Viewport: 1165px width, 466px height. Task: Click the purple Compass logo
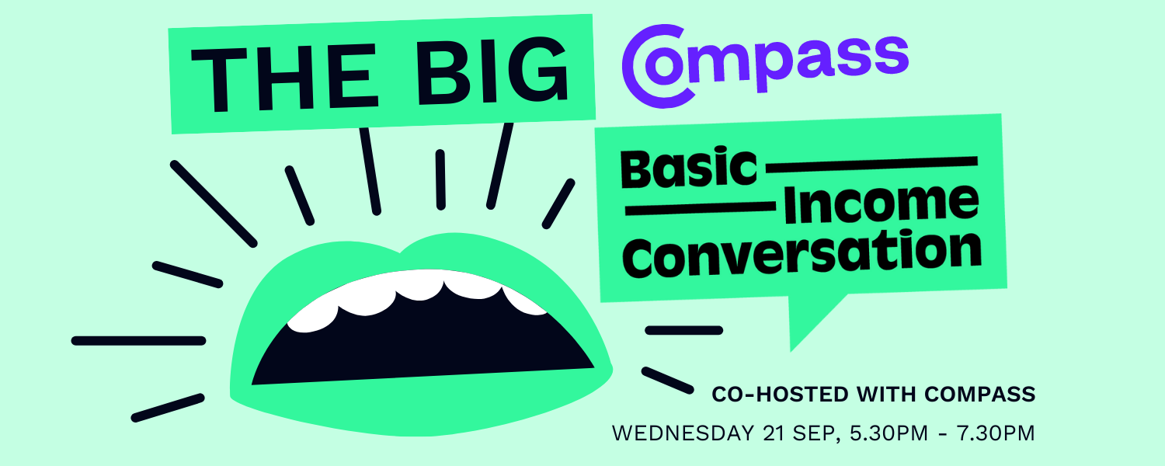point(765,66)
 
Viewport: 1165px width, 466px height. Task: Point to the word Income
point(881,203)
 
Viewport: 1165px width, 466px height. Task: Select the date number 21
point(774,433)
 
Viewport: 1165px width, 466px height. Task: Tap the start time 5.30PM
point(889,433)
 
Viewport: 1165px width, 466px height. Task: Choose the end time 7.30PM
point(996,433)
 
